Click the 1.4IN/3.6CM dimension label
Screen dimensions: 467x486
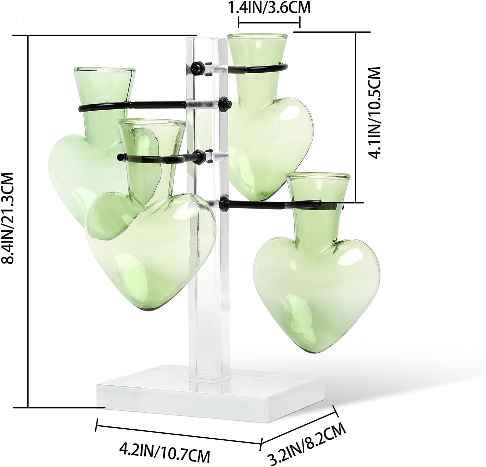(x=269, y=8)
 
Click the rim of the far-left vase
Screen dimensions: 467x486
(x=105, y=71)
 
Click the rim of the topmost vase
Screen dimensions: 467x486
(x=257, y=36)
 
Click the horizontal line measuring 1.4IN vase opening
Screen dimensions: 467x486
(x=269, y=23)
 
